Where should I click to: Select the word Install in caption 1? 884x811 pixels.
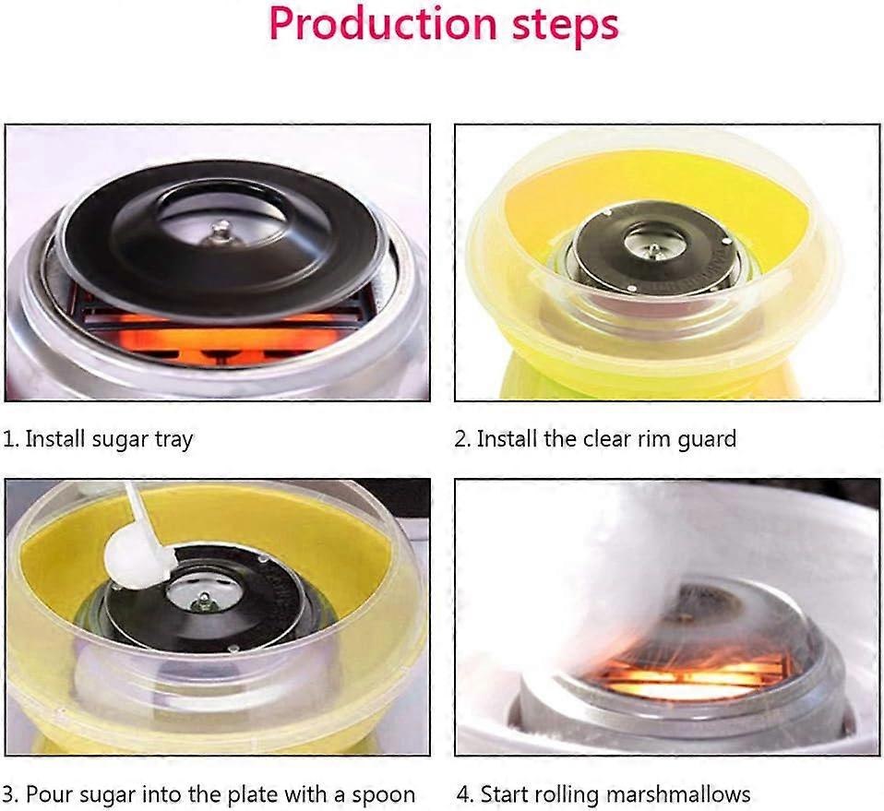point(55,439)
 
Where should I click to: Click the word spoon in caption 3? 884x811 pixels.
point(383,794)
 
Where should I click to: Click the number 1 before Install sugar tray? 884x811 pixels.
point(7,439)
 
